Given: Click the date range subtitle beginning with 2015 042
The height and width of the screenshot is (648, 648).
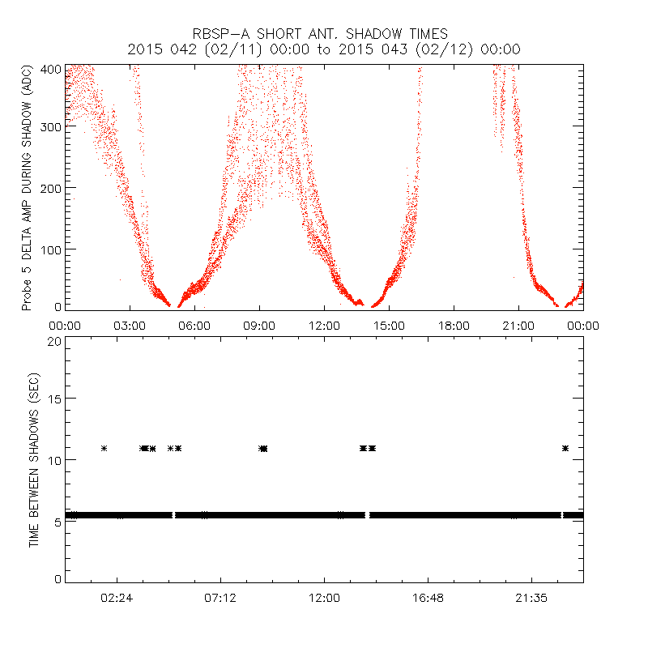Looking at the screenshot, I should point(324,49).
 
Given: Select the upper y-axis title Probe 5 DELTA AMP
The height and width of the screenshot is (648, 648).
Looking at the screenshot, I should point(26,188).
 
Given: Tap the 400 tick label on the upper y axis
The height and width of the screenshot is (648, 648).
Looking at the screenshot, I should point(50,70).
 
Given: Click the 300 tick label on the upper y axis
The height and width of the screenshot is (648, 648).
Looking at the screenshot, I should point(50,128).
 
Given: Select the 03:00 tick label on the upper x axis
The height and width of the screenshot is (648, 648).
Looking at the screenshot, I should point(130,326).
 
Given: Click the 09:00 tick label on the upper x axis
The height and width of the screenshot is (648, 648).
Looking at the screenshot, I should point(259,326).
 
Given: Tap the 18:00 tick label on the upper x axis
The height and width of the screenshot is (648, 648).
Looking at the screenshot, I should point(454,326).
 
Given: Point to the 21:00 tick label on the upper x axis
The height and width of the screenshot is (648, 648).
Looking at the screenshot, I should point(518,326).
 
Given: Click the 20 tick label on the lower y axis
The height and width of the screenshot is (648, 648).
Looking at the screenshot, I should point(53,341).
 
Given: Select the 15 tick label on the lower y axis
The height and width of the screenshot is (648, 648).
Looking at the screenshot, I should point(53,399).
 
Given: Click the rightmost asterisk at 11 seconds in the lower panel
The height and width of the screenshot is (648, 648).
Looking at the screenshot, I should point(565,448).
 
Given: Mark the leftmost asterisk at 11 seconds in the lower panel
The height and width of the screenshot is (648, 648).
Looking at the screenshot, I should point(104,448).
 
